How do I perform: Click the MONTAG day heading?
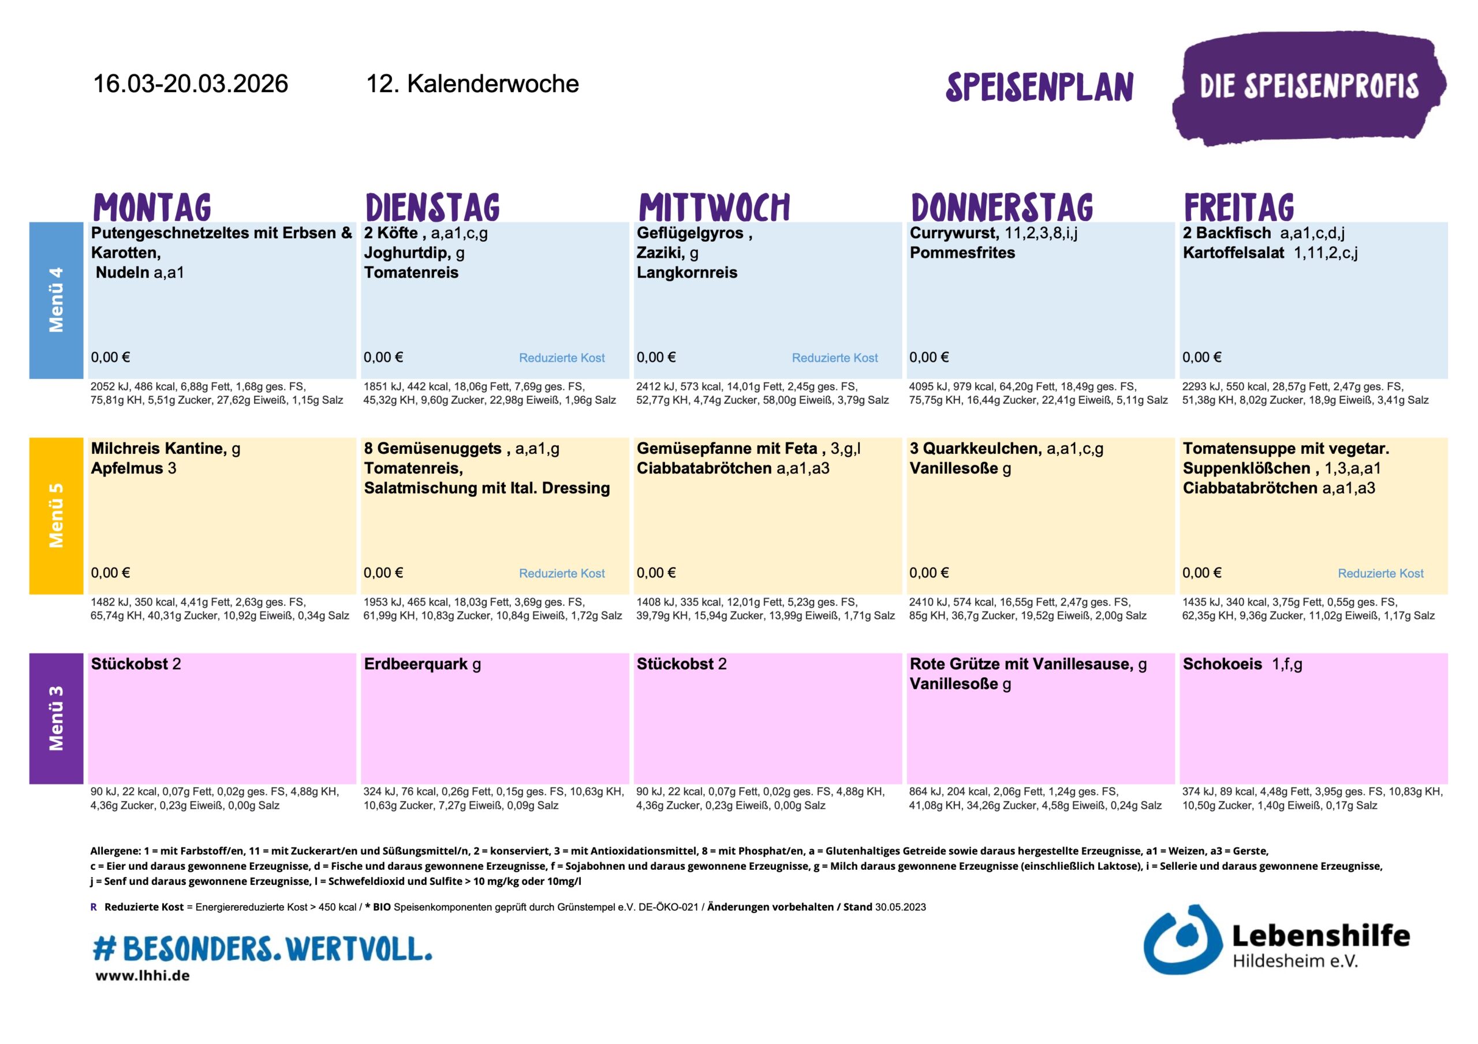pyautogui.click(x=152, y=207)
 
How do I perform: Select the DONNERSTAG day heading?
pyautogui.click(x=1002, y=207)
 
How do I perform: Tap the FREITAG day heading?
pyautogui.click(x=1238, y=207)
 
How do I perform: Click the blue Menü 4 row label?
pyautogui.click(x=56, y=300)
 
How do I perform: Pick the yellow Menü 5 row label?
pyautogui.click(x=56, y=515)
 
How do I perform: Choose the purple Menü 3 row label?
pyautogui.click(x=56, y=718)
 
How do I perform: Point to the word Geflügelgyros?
pyautogui.click(x=689, y=233)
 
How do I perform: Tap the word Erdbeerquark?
pyautogui.click(x=415, y=664)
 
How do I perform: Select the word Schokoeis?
pyautogui.click(x=1222, y=664)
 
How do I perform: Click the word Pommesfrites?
pyautogui.click(x=962, y=253)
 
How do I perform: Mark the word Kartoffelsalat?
pyautogui.click(x=1233, y=253)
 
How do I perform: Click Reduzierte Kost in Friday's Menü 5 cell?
pyautogui.click(x=1380, y=573)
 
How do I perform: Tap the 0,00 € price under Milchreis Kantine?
pyautogui.click(x=111, y=573)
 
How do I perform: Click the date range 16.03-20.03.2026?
pyautogui.click(x=191, y=84)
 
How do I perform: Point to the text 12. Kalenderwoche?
pyautogui.click(x=472, y=84)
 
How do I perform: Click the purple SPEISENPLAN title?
pyautogui.click(x=1039, y=88)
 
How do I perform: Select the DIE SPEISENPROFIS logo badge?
pyautogui.click(x=1308, y=88)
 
